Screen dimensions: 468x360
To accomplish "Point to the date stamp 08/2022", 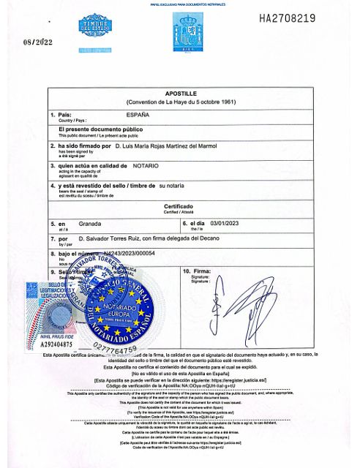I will (39, 42).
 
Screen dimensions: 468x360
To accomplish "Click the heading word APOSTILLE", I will (179, 94).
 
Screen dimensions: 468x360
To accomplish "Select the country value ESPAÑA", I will (138, 115).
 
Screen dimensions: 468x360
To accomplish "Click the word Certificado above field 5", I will (179, 206).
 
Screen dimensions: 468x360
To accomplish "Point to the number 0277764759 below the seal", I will (116, 347).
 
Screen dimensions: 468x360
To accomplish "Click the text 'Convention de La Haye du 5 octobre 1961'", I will (179, 102).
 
